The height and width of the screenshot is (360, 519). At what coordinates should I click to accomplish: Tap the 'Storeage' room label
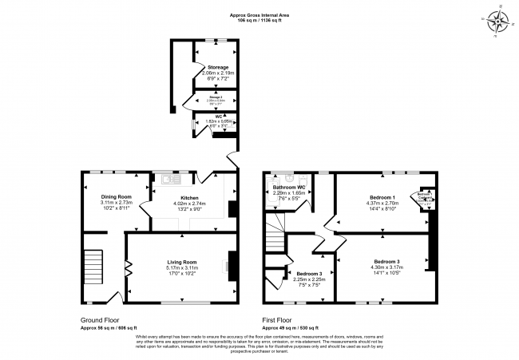[218, 67]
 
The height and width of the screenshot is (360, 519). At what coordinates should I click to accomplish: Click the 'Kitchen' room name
[189, 197]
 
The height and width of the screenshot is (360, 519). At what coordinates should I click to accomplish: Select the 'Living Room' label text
[181, 262]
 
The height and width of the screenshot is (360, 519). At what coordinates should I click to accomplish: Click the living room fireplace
[231, 263]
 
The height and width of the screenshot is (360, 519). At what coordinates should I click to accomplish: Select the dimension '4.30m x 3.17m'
[386, 267]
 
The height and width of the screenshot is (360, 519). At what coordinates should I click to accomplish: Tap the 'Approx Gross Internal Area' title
[259, 14]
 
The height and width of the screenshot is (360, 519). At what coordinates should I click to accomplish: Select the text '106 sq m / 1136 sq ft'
[259, 19]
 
